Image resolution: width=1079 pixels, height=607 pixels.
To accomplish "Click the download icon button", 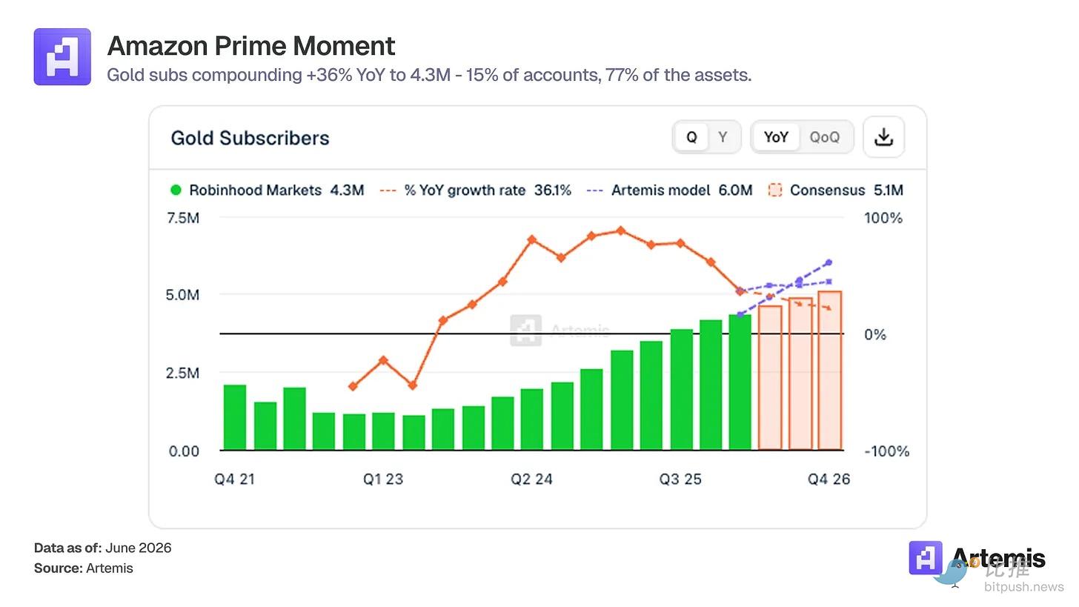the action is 883,137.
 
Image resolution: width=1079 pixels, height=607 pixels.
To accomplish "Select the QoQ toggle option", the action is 824,137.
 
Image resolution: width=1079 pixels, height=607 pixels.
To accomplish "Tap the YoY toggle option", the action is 775,137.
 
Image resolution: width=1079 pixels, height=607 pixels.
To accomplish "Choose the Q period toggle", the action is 691,137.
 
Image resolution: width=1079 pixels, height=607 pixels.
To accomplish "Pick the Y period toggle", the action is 722,137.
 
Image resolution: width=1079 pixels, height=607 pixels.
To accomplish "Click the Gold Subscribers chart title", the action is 250,139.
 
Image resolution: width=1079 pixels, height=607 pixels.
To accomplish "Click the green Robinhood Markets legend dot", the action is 176,190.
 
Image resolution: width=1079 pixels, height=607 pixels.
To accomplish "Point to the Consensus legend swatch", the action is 774,190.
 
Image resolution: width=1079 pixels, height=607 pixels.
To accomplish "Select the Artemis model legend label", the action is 660,190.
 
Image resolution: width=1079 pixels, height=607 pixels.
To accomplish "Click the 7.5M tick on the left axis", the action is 183,218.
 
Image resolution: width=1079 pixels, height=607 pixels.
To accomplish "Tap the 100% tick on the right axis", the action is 883,218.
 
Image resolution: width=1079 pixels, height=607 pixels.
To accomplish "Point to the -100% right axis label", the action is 886,451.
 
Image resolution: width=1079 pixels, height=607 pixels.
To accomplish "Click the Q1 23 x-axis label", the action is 383,480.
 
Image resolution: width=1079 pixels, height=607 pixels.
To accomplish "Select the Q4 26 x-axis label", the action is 829,480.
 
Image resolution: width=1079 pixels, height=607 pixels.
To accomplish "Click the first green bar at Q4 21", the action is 235,417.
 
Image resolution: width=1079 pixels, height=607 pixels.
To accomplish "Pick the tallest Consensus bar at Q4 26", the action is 829,371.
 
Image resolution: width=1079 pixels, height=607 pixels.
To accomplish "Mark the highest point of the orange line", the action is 621,230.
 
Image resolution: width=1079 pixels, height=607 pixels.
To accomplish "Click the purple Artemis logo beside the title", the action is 62,57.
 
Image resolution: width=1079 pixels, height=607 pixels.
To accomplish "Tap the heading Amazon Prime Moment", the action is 251,46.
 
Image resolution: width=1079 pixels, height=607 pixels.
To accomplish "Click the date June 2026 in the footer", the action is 139,548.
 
